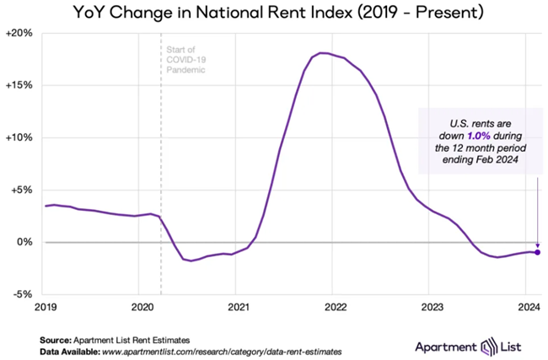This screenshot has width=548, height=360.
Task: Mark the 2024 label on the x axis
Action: [x=528, y=308]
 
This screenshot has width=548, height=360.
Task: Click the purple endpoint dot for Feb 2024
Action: [x=537, y=252]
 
